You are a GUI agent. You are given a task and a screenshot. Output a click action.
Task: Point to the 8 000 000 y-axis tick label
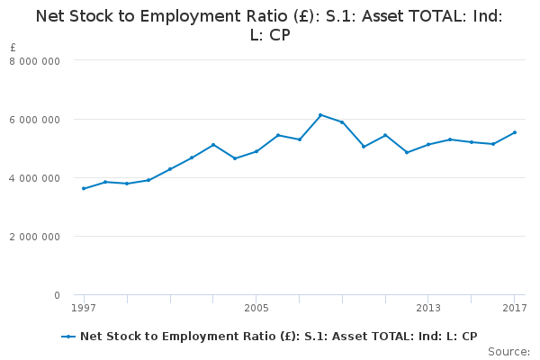(x=35, y=60)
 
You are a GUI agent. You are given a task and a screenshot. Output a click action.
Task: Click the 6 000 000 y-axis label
(x=35, y=119)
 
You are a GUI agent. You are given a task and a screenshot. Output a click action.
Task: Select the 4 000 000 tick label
(x=35, y=177)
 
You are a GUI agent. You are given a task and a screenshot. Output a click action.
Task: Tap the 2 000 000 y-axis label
(x=35, y=237)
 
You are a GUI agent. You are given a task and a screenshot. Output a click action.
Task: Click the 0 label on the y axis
(x=57, y=295)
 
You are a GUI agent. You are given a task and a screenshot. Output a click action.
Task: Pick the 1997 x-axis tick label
(x=84, y=309)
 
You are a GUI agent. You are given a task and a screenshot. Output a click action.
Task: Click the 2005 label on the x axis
(x=256, y=309)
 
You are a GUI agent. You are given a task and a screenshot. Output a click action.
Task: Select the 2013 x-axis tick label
(x=428, y=309)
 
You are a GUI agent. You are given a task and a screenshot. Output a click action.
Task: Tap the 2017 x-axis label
(x=514, y=309)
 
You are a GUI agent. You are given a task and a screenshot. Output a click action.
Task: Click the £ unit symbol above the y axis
(x=13, y=48)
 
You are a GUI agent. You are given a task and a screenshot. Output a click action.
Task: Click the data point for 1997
(x=84, y=188)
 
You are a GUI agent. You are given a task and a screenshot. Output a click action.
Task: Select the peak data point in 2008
(x=320, y=115)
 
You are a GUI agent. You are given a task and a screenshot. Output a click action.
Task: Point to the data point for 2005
(x=256, y=151)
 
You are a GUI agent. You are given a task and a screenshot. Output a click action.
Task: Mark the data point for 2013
(x=428, y=144)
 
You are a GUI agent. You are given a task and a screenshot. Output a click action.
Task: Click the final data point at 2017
(x=514, y=132)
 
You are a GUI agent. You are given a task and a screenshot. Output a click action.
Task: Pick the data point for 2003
(x=213, y=145)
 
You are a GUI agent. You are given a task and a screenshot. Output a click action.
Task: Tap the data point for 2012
(x=407, y=152)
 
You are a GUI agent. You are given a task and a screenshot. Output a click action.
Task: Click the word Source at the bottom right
(x=508, y=351)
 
